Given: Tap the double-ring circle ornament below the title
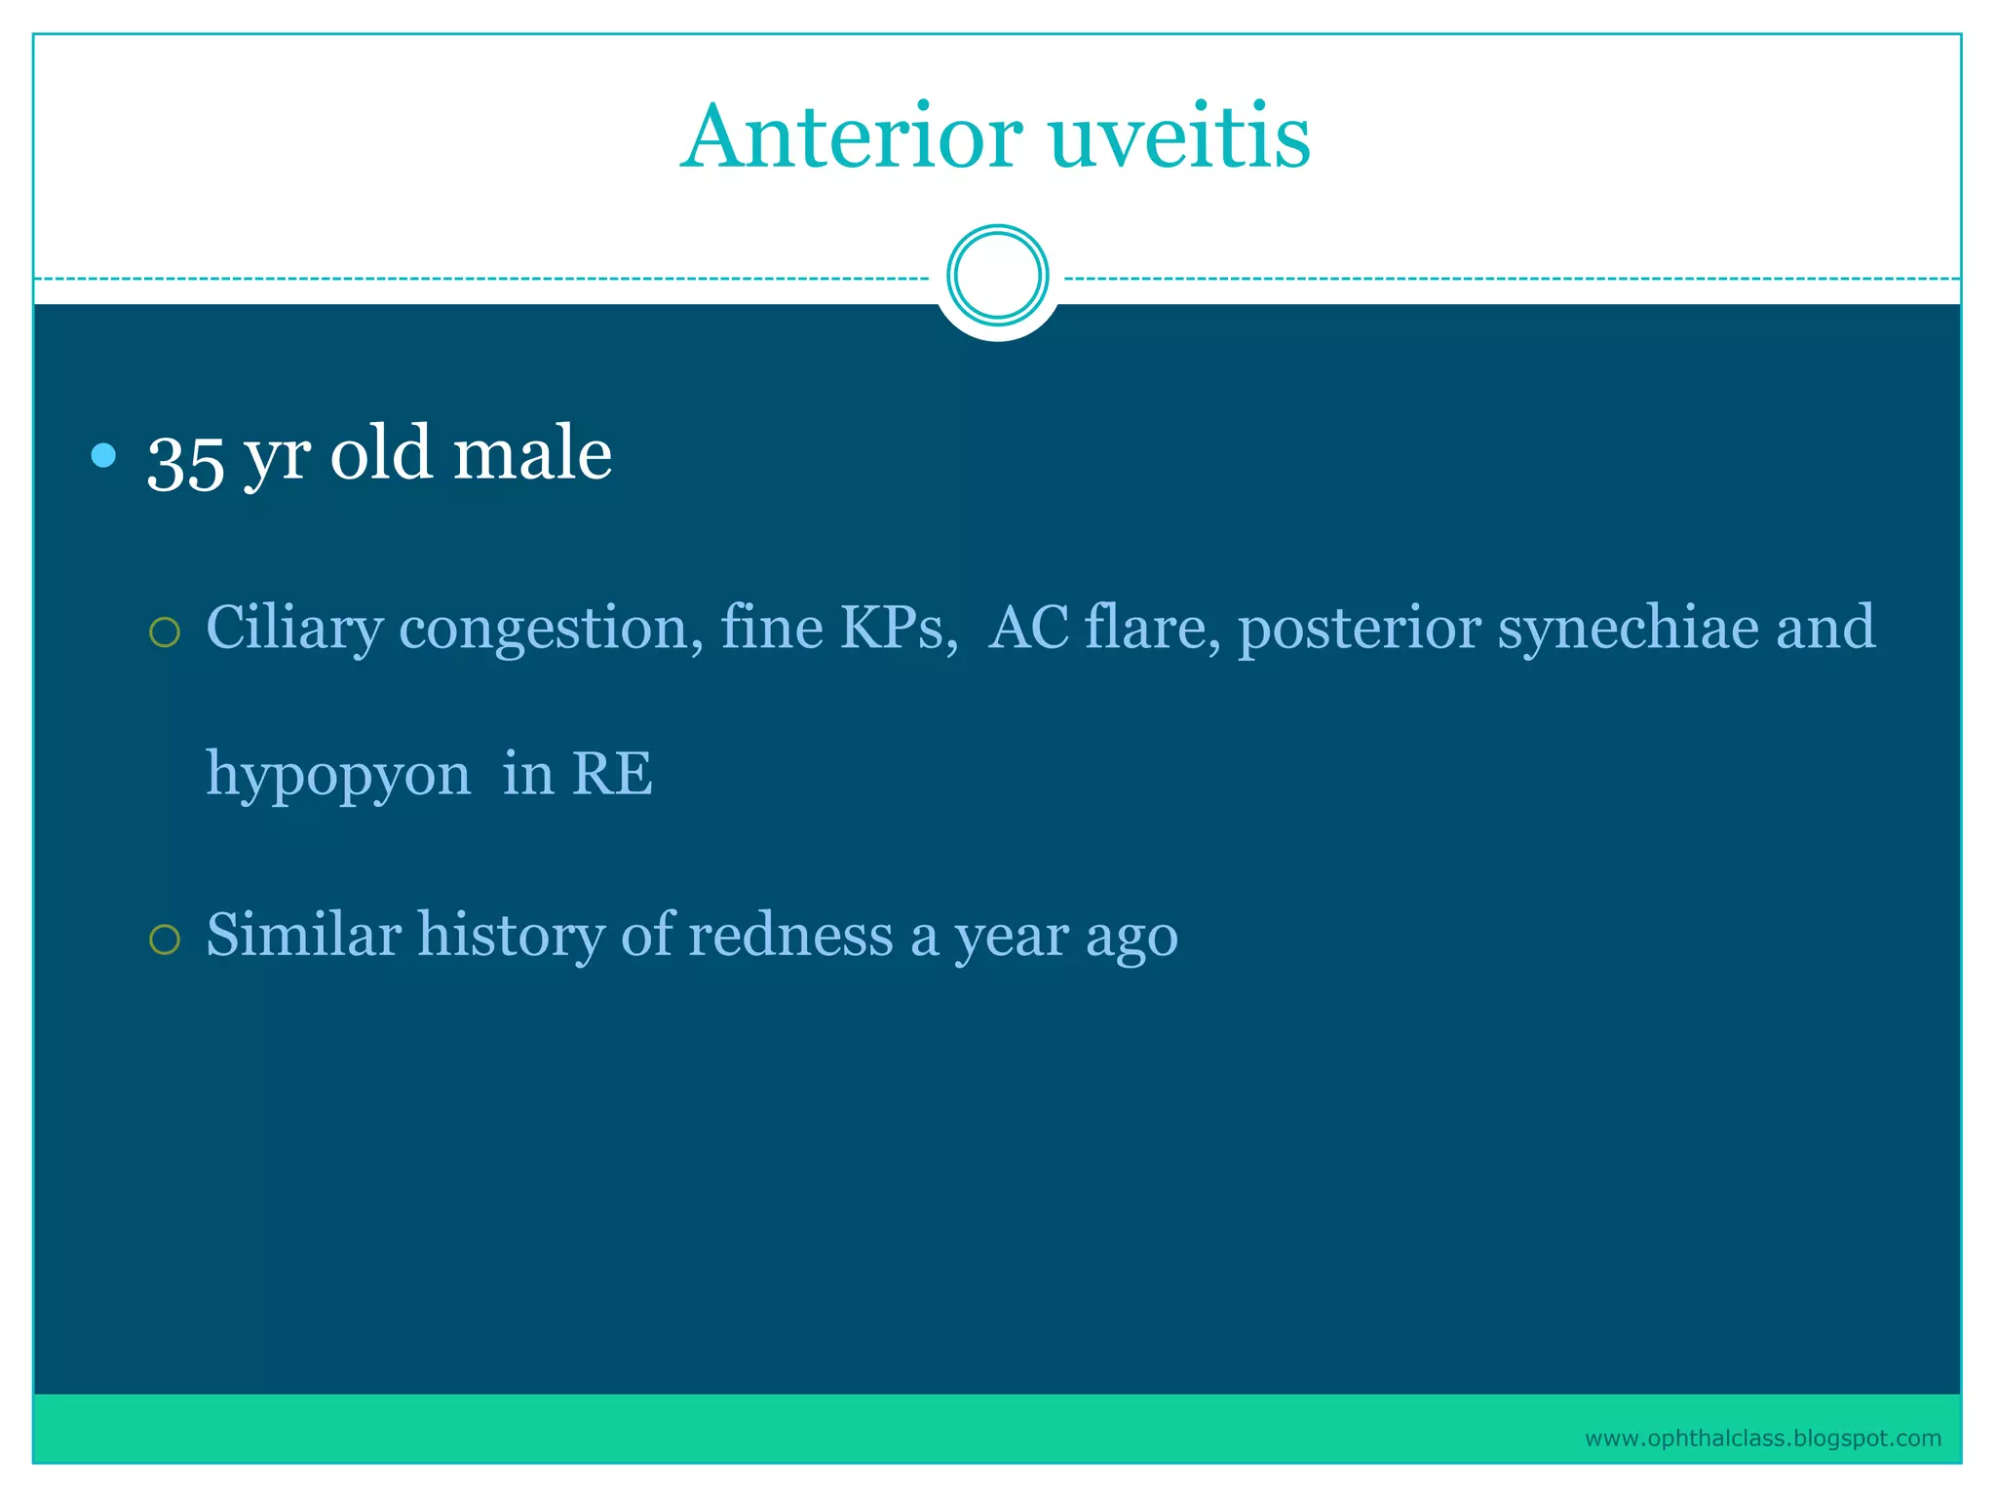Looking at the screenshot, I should [997, 275].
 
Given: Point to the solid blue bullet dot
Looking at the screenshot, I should [103, 455].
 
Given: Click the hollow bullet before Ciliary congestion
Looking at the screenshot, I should [165, 633].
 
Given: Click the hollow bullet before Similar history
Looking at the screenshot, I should [165, 940].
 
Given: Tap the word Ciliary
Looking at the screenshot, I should [294, 629].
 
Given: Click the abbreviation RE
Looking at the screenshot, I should [612, 774].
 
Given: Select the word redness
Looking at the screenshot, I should [790, 935].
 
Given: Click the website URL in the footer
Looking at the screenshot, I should [1762, 1439].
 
